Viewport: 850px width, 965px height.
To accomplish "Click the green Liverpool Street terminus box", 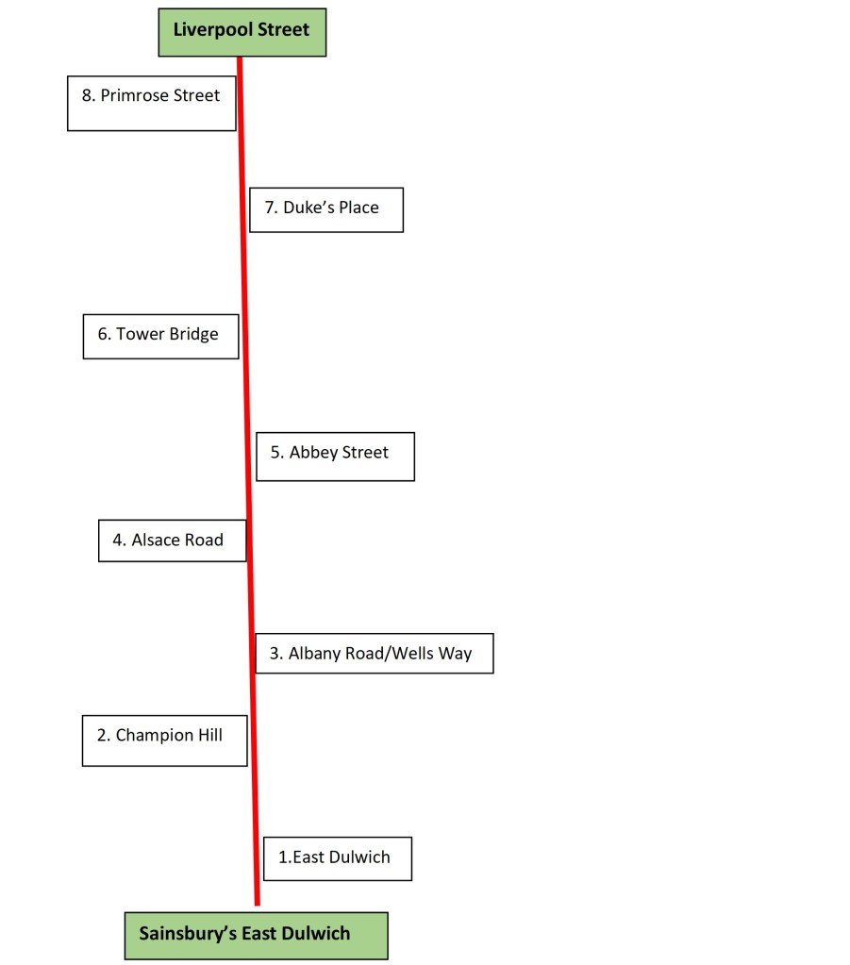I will coord(242,32).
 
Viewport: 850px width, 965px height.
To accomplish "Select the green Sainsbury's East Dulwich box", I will coord(256,935).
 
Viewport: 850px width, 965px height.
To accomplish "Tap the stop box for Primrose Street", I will coord(151,103).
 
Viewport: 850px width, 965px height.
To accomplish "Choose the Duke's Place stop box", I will coord(325,209).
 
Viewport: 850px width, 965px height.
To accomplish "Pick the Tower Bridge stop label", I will coord(160,336).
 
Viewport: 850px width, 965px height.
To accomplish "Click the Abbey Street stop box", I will coord(335,457).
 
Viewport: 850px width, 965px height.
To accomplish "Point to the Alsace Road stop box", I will coord(172,541).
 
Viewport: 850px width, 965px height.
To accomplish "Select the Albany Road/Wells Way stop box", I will coord(374,653).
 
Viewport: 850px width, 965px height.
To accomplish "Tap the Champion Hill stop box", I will coord(164,740).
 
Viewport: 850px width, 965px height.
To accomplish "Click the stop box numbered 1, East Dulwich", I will coord(337,858).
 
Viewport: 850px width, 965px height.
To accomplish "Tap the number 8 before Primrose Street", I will coord(87,95).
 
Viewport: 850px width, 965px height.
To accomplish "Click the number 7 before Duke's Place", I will coord(270,208).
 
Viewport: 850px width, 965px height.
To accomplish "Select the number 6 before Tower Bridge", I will coord(103,334).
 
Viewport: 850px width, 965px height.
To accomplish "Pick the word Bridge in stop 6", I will coord(193,335).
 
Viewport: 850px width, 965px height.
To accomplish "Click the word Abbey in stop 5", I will coord(309,453).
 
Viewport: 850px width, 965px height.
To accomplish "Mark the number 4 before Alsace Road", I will coord(118,541).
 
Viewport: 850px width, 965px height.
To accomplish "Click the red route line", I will coord(247,472).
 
